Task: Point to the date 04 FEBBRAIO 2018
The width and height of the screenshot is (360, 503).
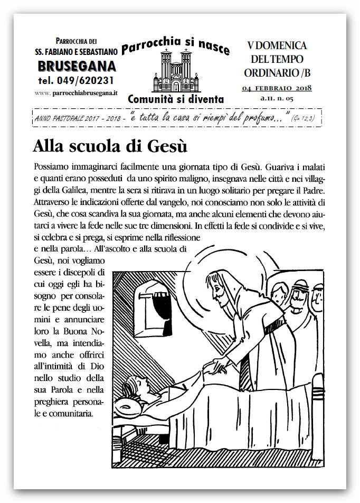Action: pyautogui.click(x=277, y=88)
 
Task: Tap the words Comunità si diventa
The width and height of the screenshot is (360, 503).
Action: pyautogui.click(x=176, y=99)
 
